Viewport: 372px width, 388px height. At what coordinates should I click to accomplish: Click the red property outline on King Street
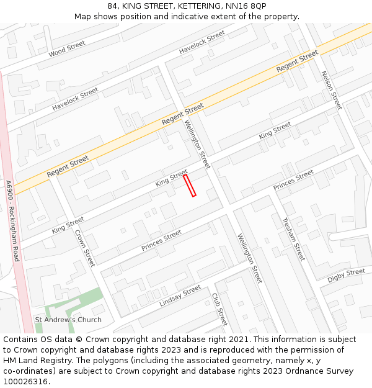(190, 186)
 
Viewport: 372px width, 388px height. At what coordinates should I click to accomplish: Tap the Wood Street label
(66, 49)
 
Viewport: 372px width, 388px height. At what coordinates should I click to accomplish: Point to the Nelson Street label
(331, 90)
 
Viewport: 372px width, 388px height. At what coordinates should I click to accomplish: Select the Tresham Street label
(293, 238)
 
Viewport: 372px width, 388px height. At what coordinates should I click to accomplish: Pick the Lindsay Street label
(180, 296)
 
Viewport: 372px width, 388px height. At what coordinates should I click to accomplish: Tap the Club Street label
(220, 310)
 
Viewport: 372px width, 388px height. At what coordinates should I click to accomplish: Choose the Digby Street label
(347, 276)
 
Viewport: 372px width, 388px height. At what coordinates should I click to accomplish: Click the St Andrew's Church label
(68, 320)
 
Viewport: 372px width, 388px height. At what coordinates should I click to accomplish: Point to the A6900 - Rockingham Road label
(12, 220)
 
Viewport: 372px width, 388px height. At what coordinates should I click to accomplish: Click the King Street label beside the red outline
(171, 178)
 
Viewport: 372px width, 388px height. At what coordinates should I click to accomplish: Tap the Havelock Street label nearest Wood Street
(75, 99)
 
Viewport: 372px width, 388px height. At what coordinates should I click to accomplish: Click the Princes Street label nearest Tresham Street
(294, 180)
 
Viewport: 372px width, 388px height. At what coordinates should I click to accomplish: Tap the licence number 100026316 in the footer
(25, 382)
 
